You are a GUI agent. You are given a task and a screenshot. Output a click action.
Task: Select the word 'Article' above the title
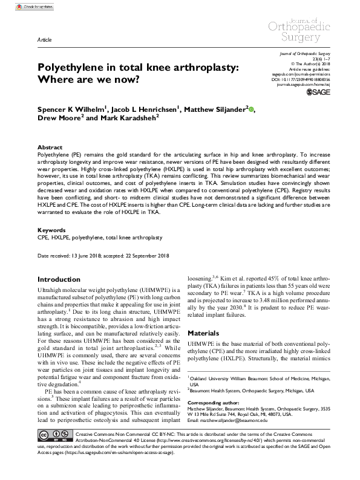[44, 37]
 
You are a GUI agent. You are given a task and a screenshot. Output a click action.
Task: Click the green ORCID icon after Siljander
[252, 109]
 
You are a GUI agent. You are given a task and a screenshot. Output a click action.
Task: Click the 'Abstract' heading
[50, 147]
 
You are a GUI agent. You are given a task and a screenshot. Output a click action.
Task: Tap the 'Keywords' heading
[51, 230]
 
